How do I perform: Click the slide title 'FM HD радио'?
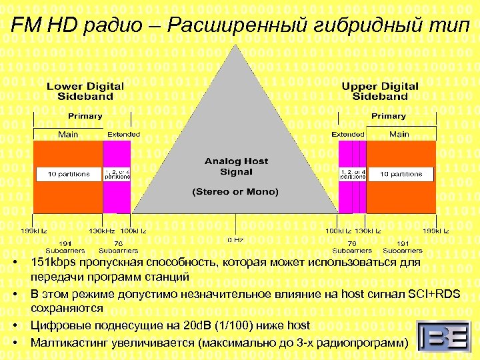click(240, 25)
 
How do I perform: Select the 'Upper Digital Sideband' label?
click(379, 91)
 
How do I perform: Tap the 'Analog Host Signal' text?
click(236, 167)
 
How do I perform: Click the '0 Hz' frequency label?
click(235, 239)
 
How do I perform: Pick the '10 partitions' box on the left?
click(68, 174)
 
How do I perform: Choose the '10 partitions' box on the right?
click(401, 174)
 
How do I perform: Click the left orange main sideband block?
click(67, 193)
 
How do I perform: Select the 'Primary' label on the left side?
click(85, 116)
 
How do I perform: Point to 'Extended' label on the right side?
click(348, 135)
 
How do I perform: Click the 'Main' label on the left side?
click(67, 135)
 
